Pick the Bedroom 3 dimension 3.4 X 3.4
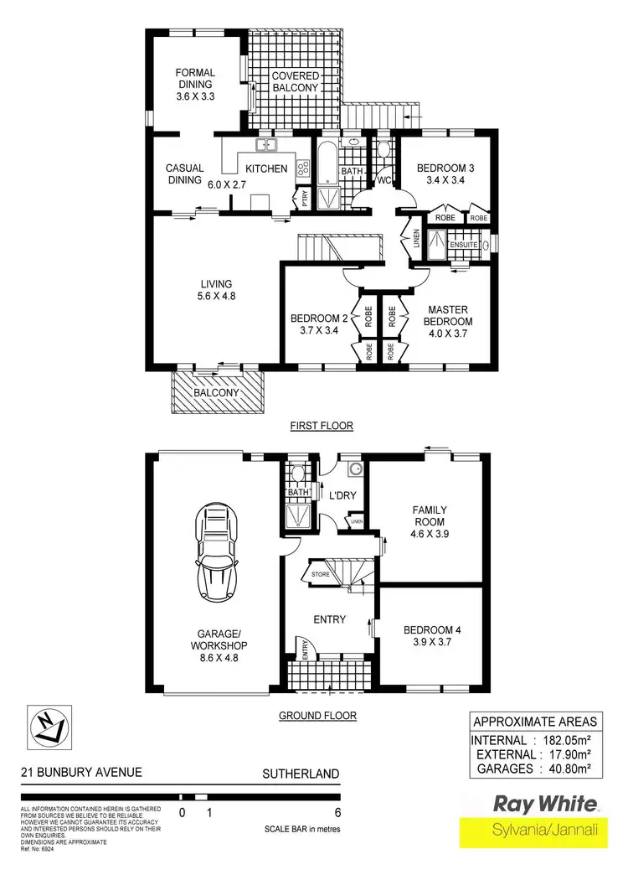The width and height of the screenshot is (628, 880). point(446,180)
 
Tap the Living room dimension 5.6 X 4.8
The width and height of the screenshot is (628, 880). point(216,296)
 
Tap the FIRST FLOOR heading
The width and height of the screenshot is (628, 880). point(322,426)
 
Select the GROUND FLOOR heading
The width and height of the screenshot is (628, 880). point(317,716)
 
